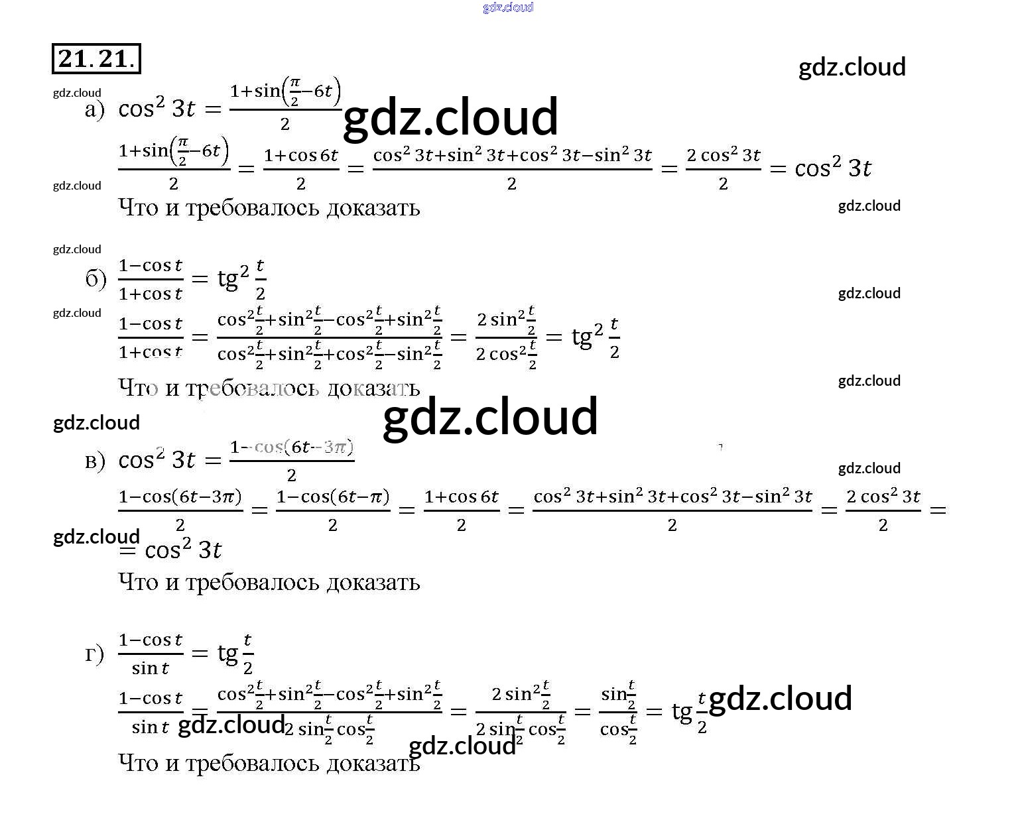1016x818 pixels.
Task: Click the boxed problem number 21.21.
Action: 96,59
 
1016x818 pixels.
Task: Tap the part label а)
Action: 95,109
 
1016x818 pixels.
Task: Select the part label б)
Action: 95,279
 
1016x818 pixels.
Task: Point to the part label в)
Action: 95,460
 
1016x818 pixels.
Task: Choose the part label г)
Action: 95,654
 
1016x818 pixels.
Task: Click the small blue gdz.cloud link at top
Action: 508,7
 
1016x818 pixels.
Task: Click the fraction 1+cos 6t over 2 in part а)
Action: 300,169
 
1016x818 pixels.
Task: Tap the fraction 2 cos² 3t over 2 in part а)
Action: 723,169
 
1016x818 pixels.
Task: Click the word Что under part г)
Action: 138,763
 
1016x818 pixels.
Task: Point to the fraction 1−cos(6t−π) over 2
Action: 332,510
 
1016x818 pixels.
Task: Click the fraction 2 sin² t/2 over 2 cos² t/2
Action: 506,337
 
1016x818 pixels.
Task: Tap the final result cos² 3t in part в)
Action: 183,550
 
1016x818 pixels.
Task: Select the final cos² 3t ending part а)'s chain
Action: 833,168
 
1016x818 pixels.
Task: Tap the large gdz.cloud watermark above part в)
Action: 491,417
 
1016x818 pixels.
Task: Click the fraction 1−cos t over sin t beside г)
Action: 151,654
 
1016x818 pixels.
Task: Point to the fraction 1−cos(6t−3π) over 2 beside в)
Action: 292,460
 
